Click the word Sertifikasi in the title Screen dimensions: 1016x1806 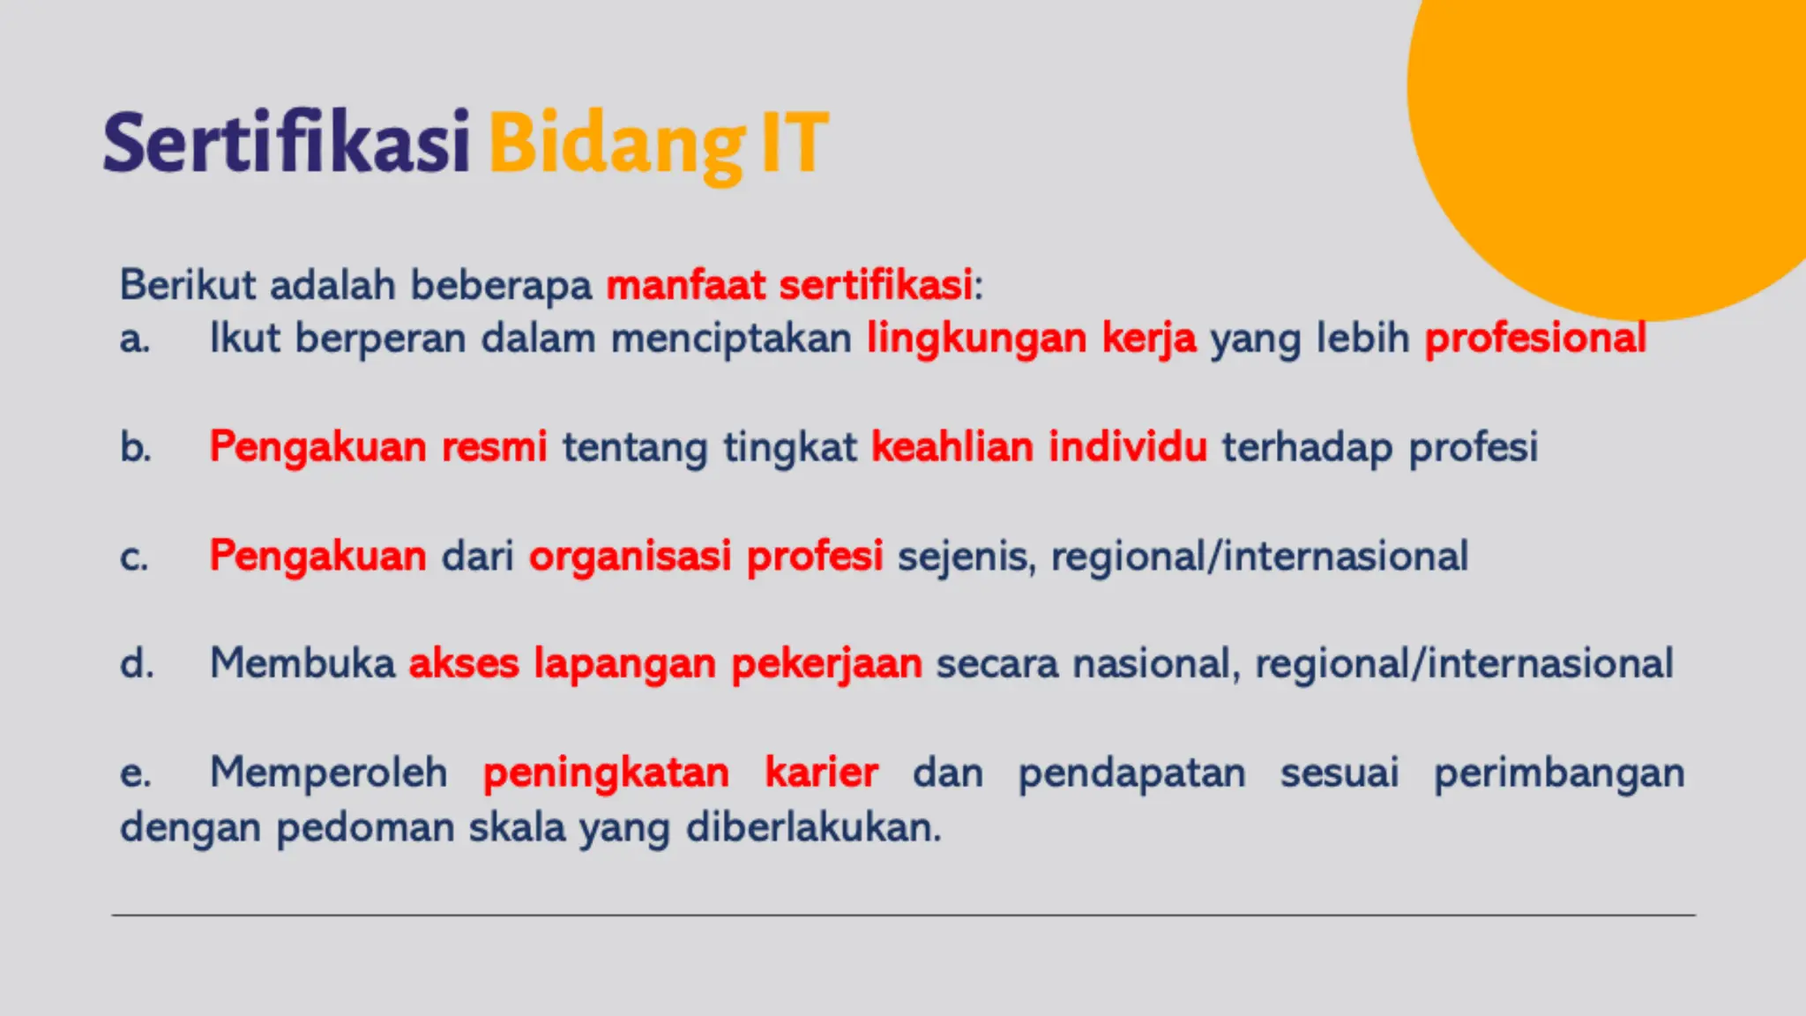click(x=286, y=144)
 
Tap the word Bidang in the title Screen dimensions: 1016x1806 click(x=616, y=144)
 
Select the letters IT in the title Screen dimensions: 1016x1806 click(x=794, y=144)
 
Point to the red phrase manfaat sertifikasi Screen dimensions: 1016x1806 click(x=789, y=285)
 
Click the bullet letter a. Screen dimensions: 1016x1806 click(x=134, y=340)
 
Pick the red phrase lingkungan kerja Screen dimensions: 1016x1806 click(x=1031, y=339)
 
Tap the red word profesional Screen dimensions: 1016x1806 click(x=1535, y=339)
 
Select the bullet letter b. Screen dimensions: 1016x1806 click(x=135, y=447)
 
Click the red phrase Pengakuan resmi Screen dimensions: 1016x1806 click(x=377, y=447)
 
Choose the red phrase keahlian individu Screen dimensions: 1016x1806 click(x=1039, y=447)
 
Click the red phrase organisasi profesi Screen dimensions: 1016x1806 click(x=705, y=557)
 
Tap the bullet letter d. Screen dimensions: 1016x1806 click(x=136, y=663)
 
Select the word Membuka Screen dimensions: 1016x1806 click(x=302, y=663)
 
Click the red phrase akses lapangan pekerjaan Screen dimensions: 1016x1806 click(x=665, y=664)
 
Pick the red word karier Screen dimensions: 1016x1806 click(x=821, y=773)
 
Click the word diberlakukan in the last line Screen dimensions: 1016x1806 click(x=813, y=827)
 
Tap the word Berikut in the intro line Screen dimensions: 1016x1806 click(x=187, y=285)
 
